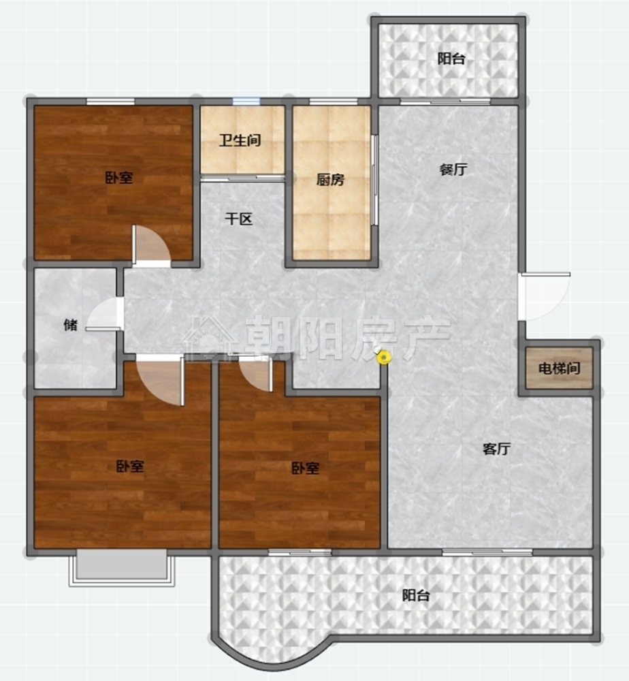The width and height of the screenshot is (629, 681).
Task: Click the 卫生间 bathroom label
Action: click(x=240, y=140)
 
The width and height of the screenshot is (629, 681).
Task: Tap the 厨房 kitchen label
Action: click(x=330, y=179)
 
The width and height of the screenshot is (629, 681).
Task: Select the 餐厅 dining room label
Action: click(x=453, y=169)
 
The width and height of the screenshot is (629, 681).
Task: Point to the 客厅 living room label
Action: click(x=497, y=449)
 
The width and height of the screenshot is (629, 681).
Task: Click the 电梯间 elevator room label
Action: click(x=559, y=368)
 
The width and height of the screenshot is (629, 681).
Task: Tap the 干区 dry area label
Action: click(x=239, y=219)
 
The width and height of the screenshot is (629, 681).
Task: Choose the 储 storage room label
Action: click(x=71, y=324)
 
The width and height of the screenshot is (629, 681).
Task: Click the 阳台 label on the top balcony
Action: click(x=451, y=59)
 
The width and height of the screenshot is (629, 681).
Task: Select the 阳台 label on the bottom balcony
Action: click(x=416, y=595)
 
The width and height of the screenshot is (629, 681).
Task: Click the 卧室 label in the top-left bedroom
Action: click(x=119, y=177)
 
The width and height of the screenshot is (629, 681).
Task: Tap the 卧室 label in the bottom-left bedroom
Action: click(x=130, y=466)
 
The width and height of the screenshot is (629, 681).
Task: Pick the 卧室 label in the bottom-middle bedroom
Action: click(x=305, y=469)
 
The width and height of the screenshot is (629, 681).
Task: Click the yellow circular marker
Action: click(x=384, y=358)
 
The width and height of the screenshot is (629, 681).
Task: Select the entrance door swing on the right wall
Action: click(x=544, y=296)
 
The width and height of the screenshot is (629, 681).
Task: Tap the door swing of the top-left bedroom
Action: click(x=150, y=244)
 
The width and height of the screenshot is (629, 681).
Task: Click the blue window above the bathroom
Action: click(x=246, y=101)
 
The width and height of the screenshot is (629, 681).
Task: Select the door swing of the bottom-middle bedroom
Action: click(x=256, y=374)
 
